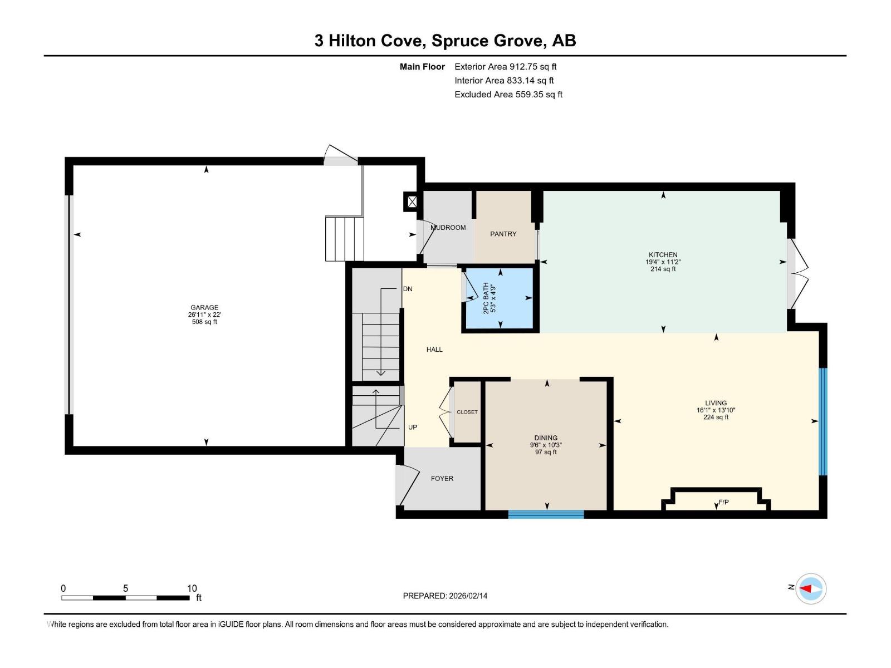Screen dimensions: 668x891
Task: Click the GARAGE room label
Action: [x=204, y=307]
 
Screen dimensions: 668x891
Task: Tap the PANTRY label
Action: [x=503, y=234]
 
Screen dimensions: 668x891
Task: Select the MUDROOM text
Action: [x=448, y=228]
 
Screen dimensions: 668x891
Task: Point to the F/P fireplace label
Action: [x=723, y=502]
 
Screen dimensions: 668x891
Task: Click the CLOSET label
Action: [x=467, y=412]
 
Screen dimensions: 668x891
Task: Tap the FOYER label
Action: [x=442, y=478]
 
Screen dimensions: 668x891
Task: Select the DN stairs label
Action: [x=408, y=289]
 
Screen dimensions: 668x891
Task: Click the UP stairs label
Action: [x=413, y=427]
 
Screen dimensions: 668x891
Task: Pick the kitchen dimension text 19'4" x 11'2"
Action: [x=663, y=262]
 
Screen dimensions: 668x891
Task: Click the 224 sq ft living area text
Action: [x=716, y=417]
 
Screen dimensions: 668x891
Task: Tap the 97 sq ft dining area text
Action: [x=546, y=452]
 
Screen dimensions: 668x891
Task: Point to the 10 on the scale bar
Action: [x=192, y=588]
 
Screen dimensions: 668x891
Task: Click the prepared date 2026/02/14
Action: [x=467, y=596]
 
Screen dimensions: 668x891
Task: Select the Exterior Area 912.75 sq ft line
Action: [x=505, y=66]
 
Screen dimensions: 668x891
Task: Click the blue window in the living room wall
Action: [x=823, y=421]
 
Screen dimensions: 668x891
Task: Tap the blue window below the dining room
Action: [x=546, y=514]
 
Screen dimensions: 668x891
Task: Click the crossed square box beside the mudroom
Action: [x=412, y=202]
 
